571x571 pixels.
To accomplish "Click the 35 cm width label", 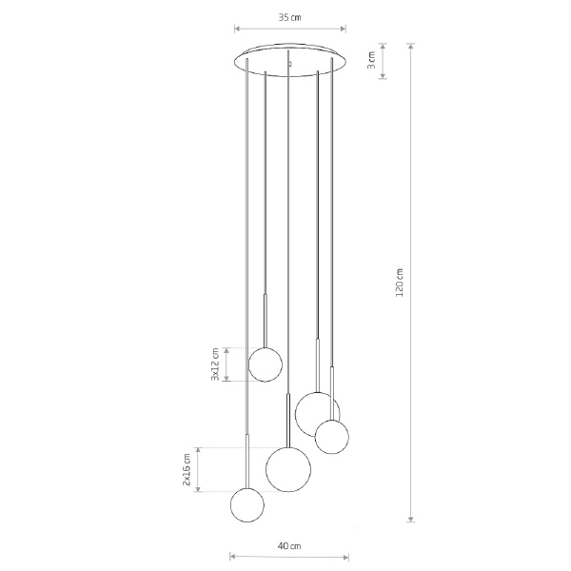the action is pyautogui.click(x=290, y=17).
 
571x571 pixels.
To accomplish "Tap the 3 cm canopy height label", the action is pyautogui.click(x=371, y=61).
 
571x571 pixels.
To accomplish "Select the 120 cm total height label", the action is pyautogui.click(x=400, y=283).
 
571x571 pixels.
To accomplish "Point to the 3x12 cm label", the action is pyautogui.click(x=215, y=364).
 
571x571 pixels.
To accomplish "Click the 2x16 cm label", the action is pyautogui.click(x=187, y=470).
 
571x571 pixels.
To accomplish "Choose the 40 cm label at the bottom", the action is pyautogui.click(x=289, y=546).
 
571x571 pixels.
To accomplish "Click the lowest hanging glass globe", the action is pyautogui.click(x=247, y=505).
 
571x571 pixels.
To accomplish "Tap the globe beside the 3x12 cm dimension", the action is pyautogui.click(x=266, y=364).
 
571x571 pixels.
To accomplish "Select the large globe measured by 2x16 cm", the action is pyautogui.click(x=288, y=469).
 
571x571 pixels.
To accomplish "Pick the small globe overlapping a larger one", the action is pyautogui.click(x=332, y=437).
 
